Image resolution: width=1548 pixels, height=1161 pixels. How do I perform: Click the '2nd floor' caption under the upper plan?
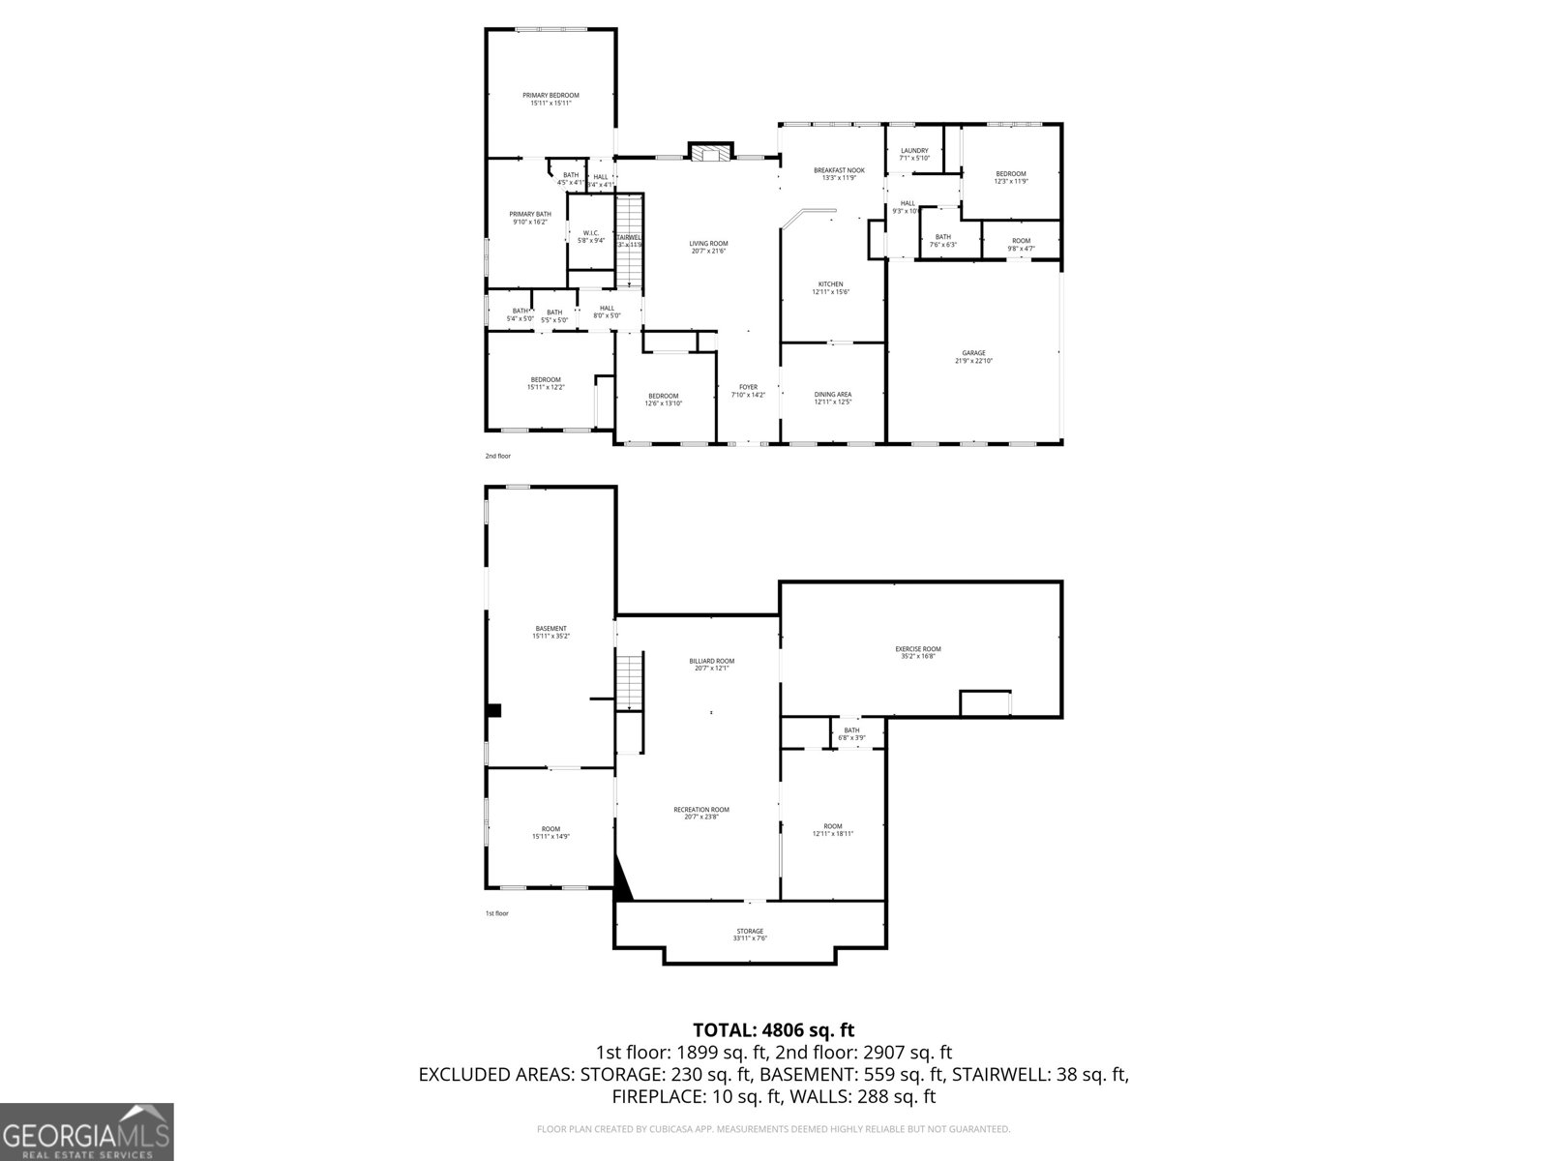click(x=497, y=456)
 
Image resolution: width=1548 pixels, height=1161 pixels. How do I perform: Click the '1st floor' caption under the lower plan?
click(x=496, y=913)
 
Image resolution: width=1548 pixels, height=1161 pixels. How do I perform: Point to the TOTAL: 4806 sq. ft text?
click(x=773, y=1030)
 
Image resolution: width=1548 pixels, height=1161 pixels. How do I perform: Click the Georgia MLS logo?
click(x=86, y=1132)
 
